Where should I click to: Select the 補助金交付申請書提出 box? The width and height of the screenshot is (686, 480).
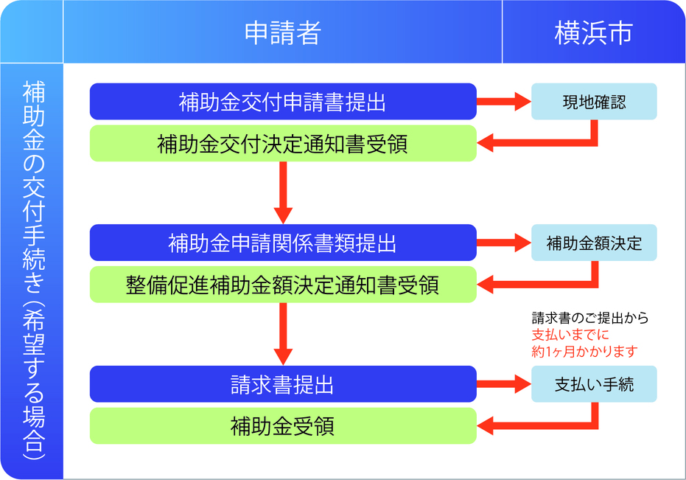tap(283, 102)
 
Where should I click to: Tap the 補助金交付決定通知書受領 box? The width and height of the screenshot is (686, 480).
tap(283, 144)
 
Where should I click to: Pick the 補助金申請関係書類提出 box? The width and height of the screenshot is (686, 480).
tap(283, 243)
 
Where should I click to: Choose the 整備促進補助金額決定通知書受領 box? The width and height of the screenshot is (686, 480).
tap(283, 285)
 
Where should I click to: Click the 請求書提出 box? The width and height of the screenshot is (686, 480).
tap(283, 384)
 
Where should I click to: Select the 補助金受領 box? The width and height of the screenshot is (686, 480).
tap(283, 426)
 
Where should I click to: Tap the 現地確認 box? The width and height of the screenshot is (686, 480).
tap(594, 102)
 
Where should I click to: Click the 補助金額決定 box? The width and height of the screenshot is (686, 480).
tap(594, 243)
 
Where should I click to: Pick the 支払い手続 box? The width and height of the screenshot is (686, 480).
tap(594, 384)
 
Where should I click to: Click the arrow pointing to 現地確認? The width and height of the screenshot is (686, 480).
tap(504, 102)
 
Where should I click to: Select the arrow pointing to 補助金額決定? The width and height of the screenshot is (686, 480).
tap(504, 243)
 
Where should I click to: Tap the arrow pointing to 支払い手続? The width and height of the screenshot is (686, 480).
tap(504, 384)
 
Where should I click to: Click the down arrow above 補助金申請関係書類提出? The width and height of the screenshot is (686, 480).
tap(283, 192)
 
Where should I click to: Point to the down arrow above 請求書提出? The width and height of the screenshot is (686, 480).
tap(283, 333)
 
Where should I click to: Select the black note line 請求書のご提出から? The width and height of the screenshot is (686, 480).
tap(589, 319)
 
